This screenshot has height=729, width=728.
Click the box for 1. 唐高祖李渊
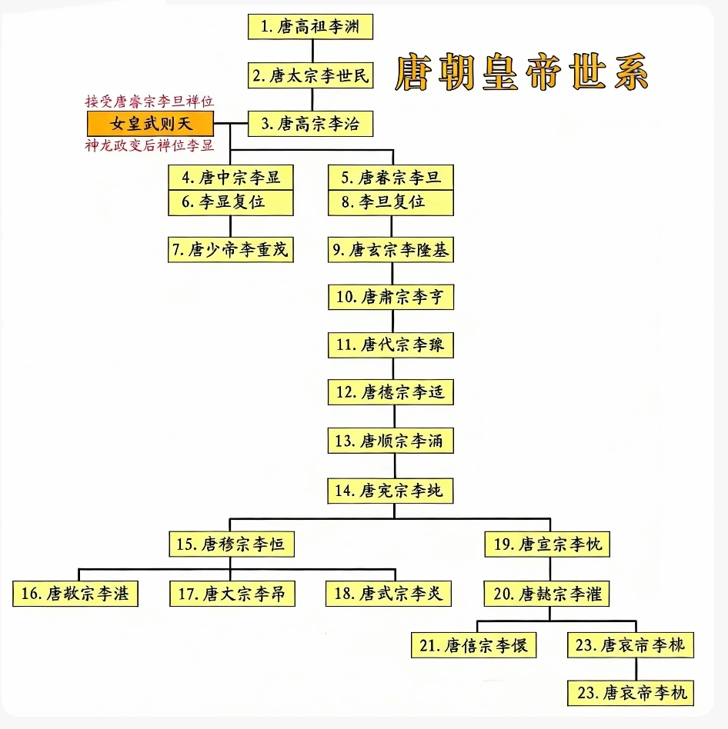click(311, 26)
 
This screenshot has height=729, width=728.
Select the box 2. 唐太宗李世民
click(311, 75)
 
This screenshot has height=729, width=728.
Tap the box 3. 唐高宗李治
click(311, 123)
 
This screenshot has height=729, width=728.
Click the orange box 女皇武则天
click(150, 124)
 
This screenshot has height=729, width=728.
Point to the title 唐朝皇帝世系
click(522, 74)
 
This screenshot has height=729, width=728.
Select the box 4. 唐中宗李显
click(232, 178)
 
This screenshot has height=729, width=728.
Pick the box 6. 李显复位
click(232, 202)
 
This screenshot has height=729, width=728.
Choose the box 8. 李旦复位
click(391, 202)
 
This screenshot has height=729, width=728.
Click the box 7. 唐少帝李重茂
click(232, 250)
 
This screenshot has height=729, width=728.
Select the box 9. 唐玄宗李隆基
click(391, 250)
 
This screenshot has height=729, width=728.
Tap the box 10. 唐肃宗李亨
click(391, 298)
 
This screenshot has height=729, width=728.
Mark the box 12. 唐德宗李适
click(391, 392)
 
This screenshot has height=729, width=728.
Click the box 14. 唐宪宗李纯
click(391, 490)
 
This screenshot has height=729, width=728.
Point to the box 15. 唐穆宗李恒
click(232, 544)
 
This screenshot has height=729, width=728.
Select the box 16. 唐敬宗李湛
click(75, 594)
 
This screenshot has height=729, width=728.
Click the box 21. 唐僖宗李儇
click(474, 645)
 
